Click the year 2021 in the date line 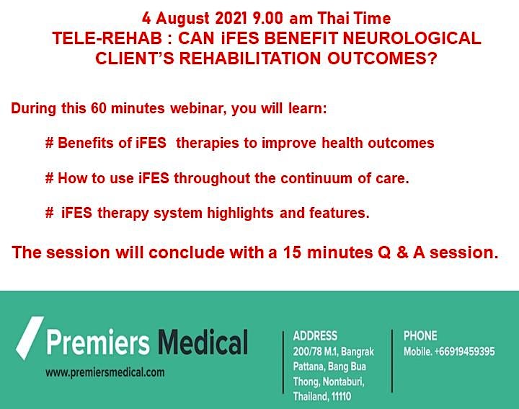[x=231, y=18]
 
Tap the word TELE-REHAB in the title [x=107, y=38]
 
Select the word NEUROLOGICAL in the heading [x=412, y=38]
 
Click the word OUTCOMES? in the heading [x=382, y=58]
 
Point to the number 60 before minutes [x=98, y=108]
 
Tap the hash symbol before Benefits [x=49, y=143]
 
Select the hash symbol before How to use [x=49, y=178]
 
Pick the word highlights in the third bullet [x=240, y=213]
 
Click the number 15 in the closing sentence [x=292, y=252]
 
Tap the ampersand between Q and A [x=402, y=252]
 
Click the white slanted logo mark [x=30, y=338]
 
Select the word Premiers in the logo [x=98, y=342]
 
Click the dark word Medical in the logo [x=203, y=341]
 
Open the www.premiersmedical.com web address [x=105, y=372]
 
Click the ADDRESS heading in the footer [x=315, y=336]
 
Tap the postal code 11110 [x=340, y=396]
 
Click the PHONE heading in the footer [x=420, y=336]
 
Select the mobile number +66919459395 [x=465, y=351]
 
